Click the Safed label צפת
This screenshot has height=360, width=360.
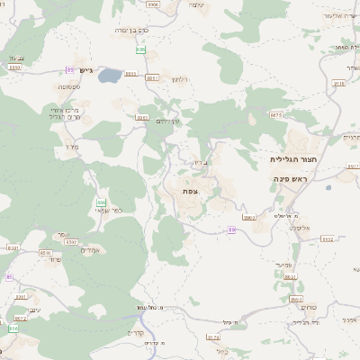pyautogui.click(x=189, y=190)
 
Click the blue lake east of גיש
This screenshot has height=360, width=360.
pyautogui.click(x=110, y=76)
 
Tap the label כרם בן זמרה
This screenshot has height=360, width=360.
pyautogui.click(x=132, y=30)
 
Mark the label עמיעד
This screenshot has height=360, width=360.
pyautogui.click(x=289, y=263)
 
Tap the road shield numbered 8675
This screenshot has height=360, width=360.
pyautogui.click(x=275, y=115)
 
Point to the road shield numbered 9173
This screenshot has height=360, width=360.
pyautogui.click(x=213, y=337)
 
